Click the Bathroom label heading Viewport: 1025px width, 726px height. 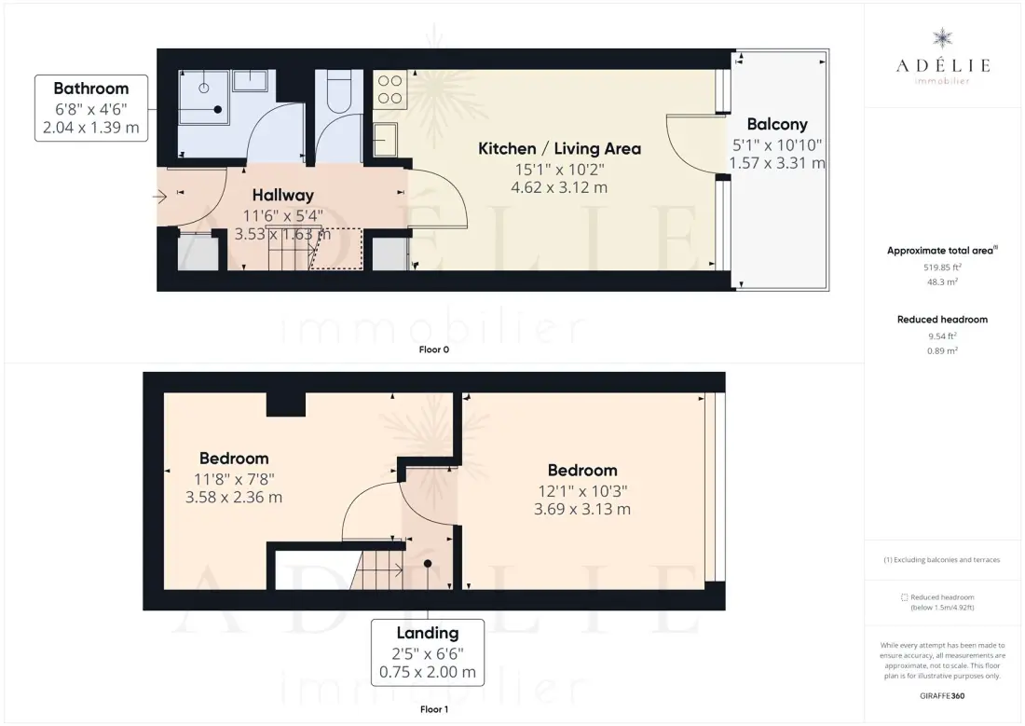[91, 89]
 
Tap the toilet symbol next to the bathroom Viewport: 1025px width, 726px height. [338, 93]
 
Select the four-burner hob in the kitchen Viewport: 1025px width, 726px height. [389, 89]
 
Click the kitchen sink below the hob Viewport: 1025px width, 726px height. [386, 139]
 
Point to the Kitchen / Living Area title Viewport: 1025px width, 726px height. [560, 148]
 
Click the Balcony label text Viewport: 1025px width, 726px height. [777, 124]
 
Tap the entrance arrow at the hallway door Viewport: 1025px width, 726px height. [160, 197]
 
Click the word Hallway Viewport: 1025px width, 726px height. [283, 195]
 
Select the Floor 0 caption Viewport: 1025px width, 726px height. [434, 349]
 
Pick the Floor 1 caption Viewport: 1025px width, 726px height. [434, 709]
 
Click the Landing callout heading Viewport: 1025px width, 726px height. [428, 633]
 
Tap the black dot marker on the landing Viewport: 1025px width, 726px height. [428, 564]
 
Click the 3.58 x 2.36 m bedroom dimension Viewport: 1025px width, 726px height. [234, 497]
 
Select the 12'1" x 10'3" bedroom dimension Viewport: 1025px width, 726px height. [582, 491]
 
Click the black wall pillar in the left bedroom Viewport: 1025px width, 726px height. [286, 404]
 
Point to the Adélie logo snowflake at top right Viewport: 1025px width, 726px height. [943, 38]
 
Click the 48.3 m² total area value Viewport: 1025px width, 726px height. [943, 281]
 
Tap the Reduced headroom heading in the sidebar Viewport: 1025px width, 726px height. [943, 319]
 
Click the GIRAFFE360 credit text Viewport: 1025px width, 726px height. [942, 696]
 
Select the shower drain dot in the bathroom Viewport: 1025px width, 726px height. [218, 110]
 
